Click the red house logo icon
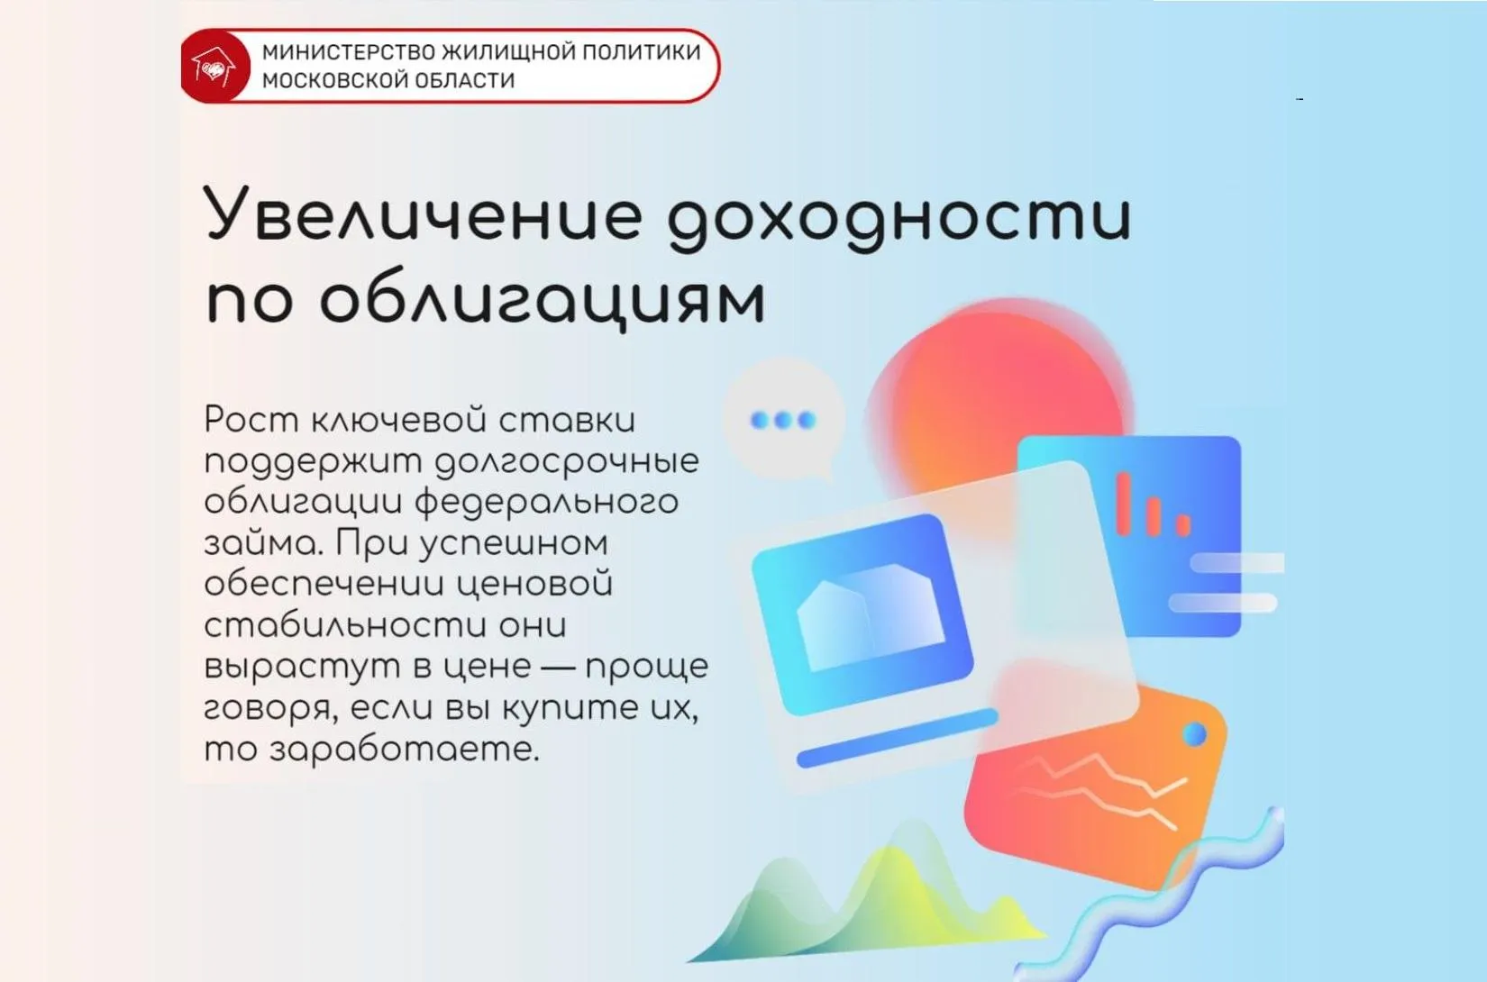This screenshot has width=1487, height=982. coord(213,67)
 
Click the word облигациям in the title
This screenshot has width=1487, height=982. coord(542,299)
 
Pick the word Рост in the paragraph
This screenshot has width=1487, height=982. coord(251,420)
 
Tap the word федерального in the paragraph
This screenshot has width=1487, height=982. coord(546,503)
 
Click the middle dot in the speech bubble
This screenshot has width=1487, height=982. coord(783,420)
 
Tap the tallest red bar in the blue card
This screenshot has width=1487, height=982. coord(1124,503)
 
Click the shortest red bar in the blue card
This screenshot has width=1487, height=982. coord(1183,523)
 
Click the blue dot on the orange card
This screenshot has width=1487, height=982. coord(1195,734)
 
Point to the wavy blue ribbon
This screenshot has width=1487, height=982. coord(1172,892)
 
